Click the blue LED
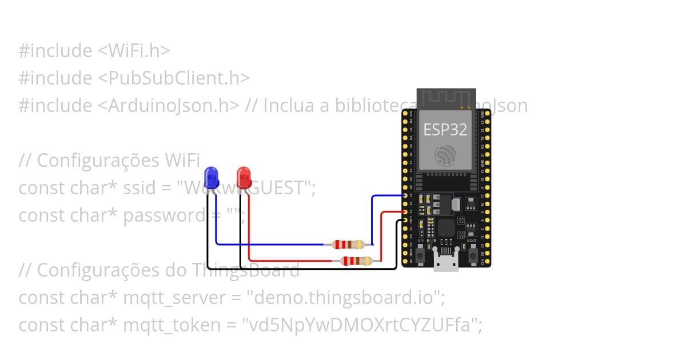pos(212,178)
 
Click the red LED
pos(244,178)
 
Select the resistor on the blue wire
pos(348,245)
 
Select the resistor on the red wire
pos(356,261)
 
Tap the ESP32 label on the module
pos(445,130)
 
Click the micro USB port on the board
pos(446,264)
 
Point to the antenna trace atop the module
pos(446,98)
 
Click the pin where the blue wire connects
pos(405,195)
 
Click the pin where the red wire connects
pos(405,211)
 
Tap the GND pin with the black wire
pos(405,220)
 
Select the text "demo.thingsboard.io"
pos(345,298)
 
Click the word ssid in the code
pos(136,188)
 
